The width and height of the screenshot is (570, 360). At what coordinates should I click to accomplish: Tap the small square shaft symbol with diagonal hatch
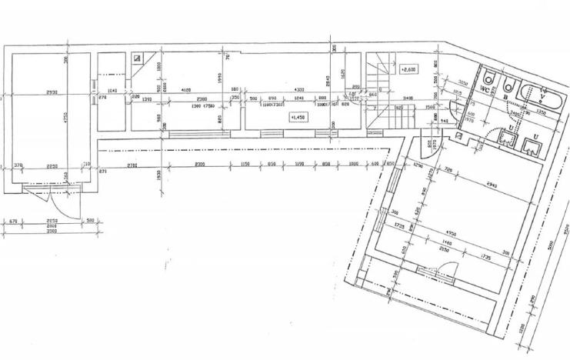(x=136, y=58)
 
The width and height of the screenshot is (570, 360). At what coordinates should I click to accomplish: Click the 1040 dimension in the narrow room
(x=112, y=92)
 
